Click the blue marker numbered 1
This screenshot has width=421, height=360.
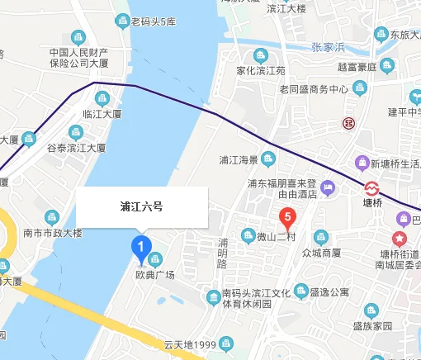[141, 246]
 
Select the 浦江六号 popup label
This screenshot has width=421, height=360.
[141, 207]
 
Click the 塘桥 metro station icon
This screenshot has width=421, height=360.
[372, 186]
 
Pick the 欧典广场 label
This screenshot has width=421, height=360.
[155, 274]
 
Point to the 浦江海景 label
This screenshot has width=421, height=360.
[239, 159]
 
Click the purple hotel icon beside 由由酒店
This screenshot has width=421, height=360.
[327, 189]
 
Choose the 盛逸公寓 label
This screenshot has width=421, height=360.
[332, 292]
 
